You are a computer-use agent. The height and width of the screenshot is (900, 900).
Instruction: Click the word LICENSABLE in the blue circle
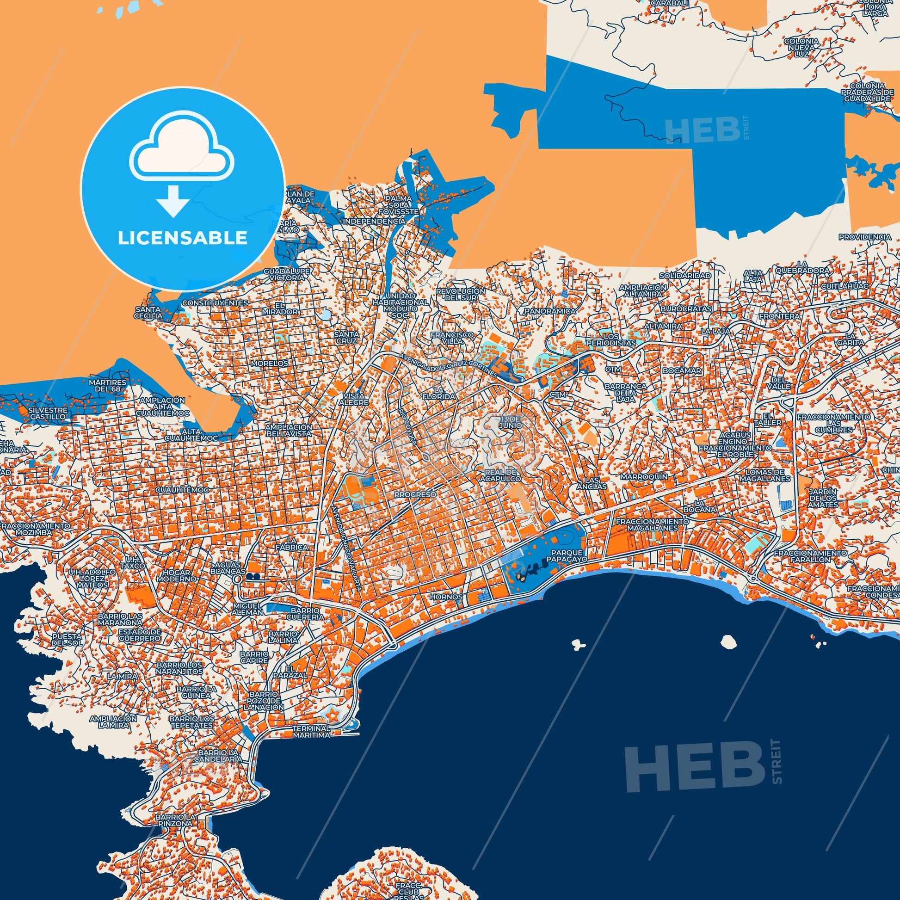pyautogui.click(x=182, y=238)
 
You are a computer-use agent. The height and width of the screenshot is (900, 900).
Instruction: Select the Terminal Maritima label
pyautogui.click(x=312, y=731)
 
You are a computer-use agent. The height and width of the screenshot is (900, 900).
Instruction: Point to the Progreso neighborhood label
pyautogui.click(x=415, y=494)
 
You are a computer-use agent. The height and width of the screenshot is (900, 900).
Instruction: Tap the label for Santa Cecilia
pyautogui.click(x=148, y=312)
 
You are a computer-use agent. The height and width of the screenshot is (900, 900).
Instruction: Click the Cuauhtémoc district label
pyautogui.click(x=182, y=491)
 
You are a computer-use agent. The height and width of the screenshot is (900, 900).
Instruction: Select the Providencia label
pyautogui.click(x=864, y=237)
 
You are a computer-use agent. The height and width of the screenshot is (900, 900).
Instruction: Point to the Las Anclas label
pyautogui.click(x=596, y=483)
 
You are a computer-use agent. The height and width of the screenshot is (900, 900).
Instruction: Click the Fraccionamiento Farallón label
pyautogui.click(x=810, y=556)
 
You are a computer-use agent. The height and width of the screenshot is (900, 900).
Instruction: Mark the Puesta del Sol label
pyautogui.click(x=67, y=639)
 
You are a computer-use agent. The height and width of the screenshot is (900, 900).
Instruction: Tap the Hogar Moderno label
pyautogui.click(x=176, y=575)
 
